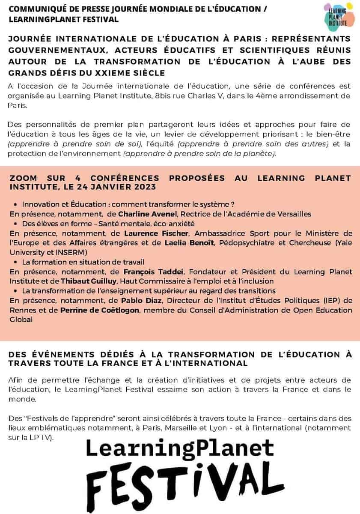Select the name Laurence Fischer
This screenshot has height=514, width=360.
click(x=150, y=233)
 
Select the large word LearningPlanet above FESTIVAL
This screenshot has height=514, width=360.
click(x=180, y=449)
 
